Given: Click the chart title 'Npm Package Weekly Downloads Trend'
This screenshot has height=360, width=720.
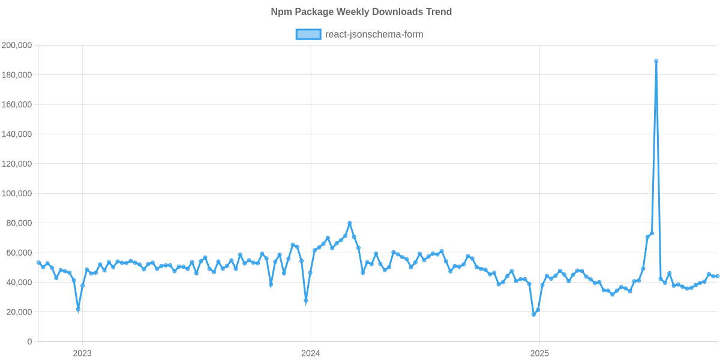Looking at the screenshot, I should (361, 12).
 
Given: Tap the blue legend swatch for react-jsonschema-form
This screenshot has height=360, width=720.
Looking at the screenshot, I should (308, 35).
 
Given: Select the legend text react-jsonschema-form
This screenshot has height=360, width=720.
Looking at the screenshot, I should (374, 35).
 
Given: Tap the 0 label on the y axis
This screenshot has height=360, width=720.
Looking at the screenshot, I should (29, 342).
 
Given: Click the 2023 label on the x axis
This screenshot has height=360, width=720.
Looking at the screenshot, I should (82, 353).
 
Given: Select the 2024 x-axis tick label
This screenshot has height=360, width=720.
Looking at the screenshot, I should (311, 353).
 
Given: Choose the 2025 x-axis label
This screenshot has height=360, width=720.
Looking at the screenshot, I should (539, 353).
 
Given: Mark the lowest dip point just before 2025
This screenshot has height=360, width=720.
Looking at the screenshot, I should (533, 314).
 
